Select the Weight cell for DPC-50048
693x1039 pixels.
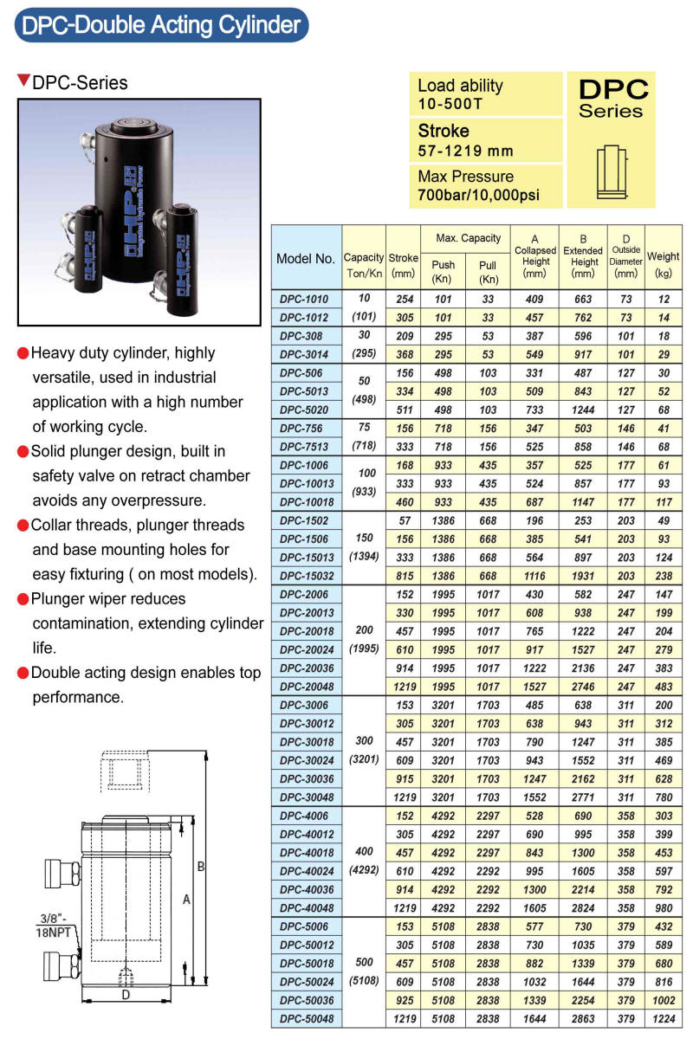pos(663,1019)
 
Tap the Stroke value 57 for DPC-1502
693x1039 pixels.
pos(403,519)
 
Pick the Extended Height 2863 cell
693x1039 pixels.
pos(584,1019)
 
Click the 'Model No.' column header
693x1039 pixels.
pos(306,258)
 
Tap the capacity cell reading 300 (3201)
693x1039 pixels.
pos(364,751)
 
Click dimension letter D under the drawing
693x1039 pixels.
pos(125,996)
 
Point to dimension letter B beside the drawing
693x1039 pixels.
pos(200,867)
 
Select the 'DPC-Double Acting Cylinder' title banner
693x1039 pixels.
pos(160,25)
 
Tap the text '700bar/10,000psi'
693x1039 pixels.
pos(478,195)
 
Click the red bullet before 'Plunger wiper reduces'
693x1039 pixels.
pos(23,599)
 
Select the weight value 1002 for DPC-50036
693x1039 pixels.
pos(663,1001)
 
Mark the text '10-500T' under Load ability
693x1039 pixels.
pos(450,104)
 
